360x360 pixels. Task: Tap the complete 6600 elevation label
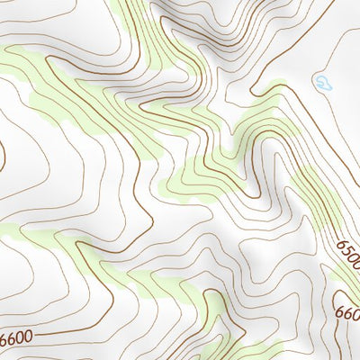(16, 340)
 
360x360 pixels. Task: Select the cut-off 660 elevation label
(346, 315)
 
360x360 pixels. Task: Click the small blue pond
(322, 85)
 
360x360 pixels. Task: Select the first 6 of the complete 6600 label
(4, 343)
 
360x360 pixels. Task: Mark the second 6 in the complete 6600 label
(12, 341)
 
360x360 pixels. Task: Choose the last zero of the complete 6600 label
(28, 338)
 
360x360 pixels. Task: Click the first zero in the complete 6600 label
(20, 339)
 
